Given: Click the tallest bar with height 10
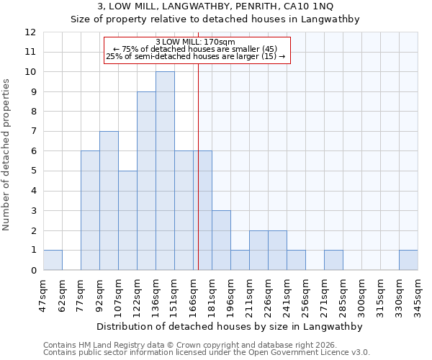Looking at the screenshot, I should [165, 171].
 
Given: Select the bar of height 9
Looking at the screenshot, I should [146, 181].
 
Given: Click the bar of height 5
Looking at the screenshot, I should [127, 220].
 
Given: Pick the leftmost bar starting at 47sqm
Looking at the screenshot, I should [53, 260].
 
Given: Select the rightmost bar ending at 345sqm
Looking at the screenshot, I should [408, 260].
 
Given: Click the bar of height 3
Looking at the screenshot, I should [221, 240].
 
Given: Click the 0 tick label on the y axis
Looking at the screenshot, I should [33, 271].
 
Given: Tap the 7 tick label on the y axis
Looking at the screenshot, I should [33, 132].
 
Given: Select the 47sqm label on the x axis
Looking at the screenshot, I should [44, 294].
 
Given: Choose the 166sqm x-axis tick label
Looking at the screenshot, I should [194, 294].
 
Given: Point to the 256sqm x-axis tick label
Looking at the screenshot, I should [306, 294].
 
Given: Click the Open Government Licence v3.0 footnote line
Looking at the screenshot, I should [207, 353].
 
